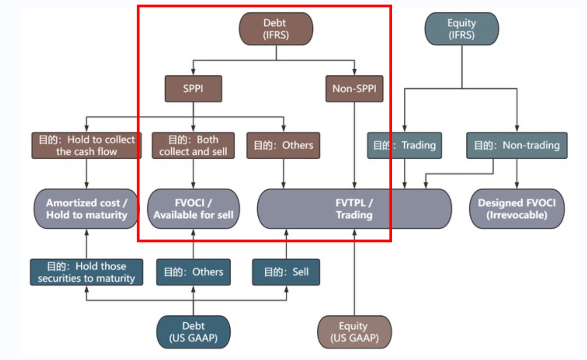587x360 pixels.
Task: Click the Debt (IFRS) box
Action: pos(276,29)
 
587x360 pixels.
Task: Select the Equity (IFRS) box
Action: pos(461,29)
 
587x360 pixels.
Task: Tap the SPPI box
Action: pos(193,89)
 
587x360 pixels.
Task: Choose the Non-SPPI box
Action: pos(354,89)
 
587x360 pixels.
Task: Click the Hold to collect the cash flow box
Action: pos(87,145)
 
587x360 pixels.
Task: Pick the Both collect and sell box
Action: pos(193,145)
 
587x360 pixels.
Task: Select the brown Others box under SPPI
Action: pos(283,145)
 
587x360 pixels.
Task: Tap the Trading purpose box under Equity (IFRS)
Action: pos(404,145)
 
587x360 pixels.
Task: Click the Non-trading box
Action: pos(516,145)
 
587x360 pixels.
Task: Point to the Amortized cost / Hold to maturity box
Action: pos(87,209)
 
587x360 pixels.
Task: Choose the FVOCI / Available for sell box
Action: pos(193,209)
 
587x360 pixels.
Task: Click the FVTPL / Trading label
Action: pos(354,209)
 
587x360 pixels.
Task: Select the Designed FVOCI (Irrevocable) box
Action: pos(516,209)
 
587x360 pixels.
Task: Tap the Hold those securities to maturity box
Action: pos(87,272)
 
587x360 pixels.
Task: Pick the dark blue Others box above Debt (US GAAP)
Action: pos(193,272)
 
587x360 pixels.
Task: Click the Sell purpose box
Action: pos(286,272)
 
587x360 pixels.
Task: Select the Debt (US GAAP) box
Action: pos(193,332)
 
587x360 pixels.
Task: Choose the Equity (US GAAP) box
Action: pos(354,332)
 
